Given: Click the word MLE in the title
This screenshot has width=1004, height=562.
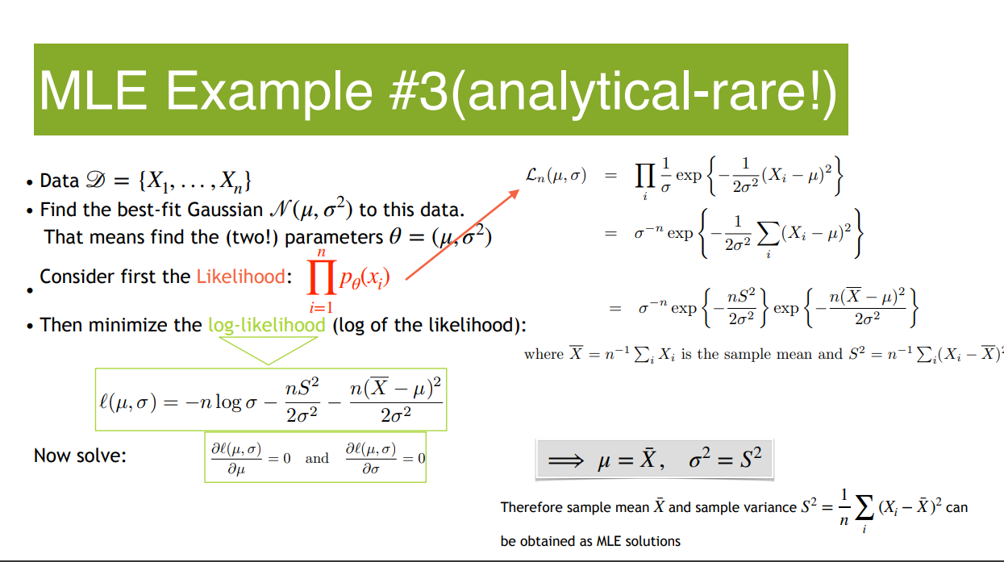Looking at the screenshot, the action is click(x=94, y=91).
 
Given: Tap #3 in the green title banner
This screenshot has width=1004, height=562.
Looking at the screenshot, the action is click(x=419, y=91).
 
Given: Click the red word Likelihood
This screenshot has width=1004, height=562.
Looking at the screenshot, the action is click(x=240, y=277).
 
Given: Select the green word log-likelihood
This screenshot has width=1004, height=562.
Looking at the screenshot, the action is click(x=267, y=325).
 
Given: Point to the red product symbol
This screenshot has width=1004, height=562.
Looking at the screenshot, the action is click(x=322, y=278).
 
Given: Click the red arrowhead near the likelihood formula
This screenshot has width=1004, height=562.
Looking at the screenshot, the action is click(x=513, y=194).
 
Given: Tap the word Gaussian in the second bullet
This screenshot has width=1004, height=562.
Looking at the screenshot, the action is click(x=225, y=210).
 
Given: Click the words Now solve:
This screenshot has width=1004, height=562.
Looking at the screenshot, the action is click(x=80, y=456).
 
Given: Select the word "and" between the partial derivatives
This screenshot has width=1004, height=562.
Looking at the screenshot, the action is click(x=317, y=458).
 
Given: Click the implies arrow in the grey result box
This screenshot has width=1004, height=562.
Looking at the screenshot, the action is click(x=566, y=460).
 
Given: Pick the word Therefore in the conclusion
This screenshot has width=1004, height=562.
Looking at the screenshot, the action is click(x=530, y=507).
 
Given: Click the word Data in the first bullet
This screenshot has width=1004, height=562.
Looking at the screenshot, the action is click(x=59, y=181).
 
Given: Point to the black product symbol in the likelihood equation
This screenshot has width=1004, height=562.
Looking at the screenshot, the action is click(x=644, y=176).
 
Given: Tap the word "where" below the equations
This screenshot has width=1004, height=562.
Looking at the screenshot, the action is click(x=544, y=354).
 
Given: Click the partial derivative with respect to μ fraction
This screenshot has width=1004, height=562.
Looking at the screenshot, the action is click(x=236, y=458).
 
